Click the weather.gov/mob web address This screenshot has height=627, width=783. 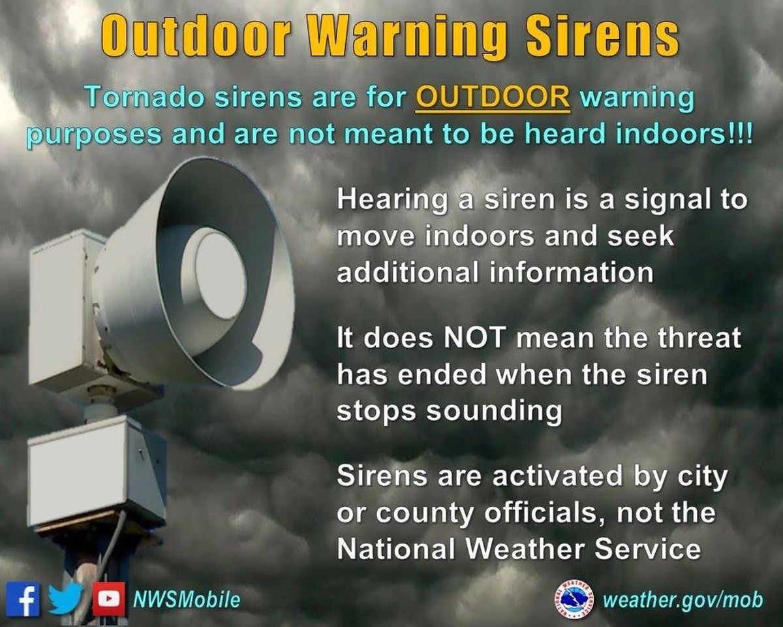coord(683,600)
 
